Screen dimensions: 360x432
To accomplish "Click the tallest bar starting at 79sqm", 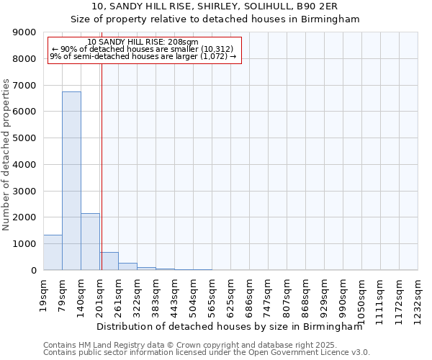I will (71, 180).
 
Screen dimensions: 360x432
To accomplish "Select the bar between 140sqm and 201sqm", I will (90, 241).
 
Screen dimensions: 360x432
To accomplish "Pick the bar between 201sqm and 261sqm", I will (109, 261).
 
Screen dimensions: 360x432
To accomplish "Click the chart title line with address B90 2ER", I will (215, 6).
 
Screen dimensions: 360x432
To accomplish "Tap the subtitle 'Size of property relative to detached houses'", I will (215, 19).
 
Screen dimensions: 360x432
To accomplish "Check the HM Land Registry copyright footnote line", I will (195, 345).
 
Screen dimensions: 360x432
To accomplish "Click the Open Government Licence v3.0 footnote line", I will (207, 353).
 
